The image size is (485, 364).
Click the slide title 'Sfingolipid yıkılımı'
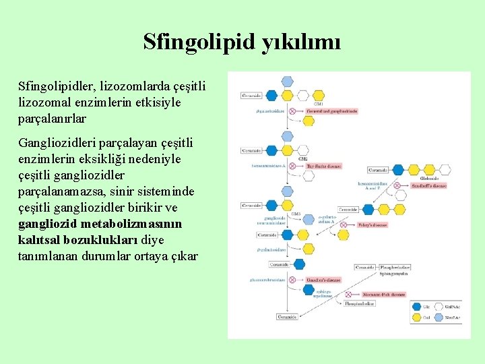242,42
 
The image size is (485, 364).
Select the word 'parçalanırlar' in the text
53,118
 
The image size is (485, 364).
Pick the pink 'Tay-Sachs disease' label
323,166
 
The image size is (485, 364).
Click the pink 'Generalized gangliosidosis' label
331,111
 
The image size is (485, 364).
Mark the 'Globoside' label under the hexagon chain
428,179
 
